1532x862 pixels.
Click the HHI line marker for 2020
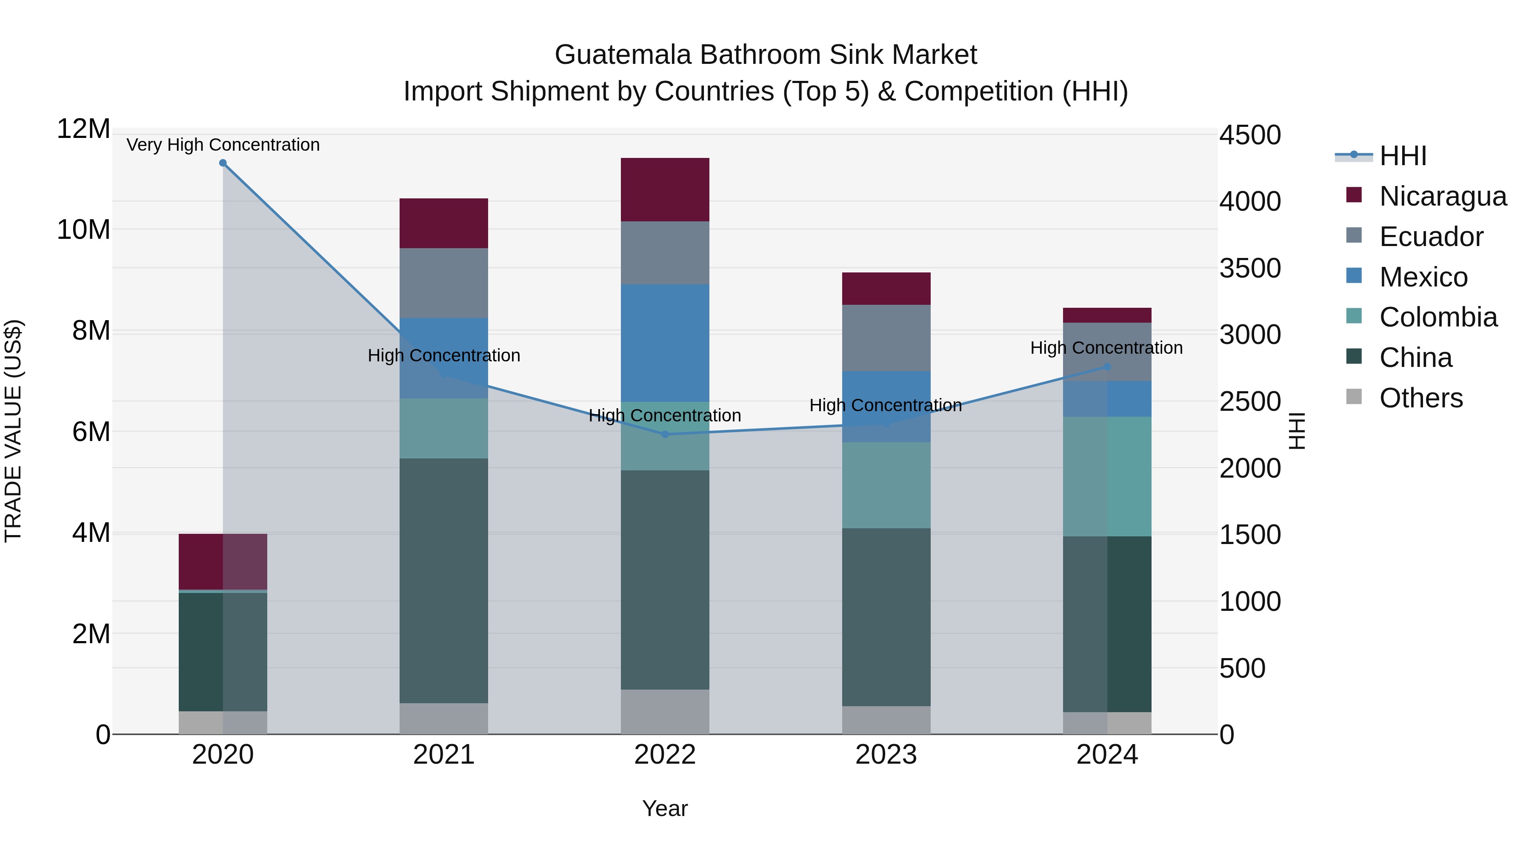point(223,163)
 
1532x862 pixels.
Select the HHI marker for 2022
point(665,434)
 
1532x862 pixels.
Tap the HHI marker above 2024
point(1107,367)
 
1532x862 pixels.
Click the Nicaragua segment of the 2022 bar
point(665,190)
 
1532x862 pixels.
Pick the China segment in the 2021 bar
point(444,581)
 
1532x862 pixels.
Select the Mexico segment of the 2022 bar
point(665,343)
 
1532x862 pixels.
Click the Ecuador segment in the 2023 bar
point(886,338)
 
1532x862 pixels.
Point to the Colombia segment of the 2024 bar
point(1107,476)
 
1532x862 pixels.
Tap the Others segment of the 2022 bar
point(665,711)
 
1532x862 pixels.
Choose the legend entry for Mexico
point(1423,277)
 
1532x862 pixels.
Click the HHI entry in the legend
point(1402,156)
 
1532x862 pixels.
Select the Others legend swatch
point(1354,397)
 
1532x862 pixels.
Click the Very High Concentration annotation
point(223,145)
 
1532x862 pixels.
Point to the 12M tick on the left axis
point(83,129)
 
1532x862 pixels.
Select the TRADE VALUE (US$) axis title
point(13,431)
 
